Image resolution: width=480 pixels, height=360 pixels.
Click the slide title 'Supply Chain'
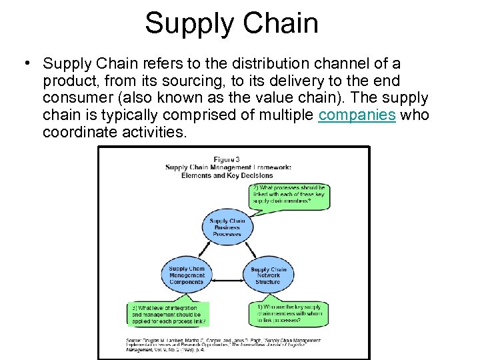[x=231, y=23]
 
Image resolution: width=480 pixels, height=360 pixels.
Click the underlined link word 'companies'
[x=357, y=115]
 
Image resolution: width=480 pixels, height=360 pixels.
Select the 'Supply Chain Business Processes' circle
[x=227, y=228]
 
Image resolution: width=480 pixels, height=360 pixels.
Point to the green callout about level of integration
[x=169, y=314]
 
